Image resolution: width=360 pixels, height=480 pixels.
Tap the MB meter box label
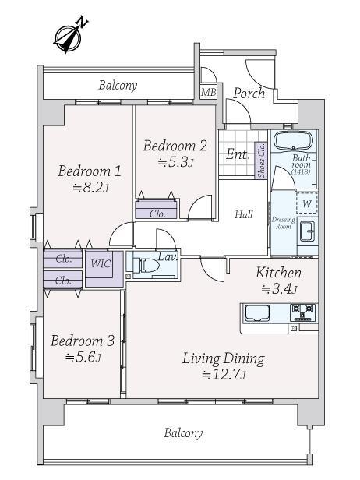(x=209, y=91)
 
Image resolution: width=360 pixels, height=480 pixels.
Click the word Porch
(x=249, y=94)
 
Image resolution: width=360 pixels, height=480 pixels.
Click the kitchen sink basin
(x=256, y=313)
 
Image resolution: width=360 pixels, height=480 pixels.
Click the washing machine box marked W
(x=307, y=203)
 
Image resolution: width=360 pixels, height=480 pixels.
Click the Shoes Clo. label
(x=262, y=161)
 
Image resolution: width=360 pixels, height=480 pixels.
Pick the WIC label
(x=101, y=263)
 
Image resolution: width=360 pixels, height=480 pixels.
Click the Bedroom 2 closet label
(x=157, y=214)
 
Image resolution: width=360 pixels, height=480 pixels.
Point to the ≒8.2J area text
(x=90, y=187)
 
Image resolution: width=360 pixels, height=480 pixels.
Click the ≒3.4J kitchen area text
(x=279, y=288)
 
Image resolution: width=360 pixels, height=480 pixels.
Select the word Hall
(x=244, y=214)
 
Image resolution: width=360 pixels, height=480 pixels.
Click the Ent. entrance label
(x=238, y=154)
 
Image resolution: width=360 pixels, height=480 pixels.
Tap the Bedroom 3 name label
(x=83, y=341)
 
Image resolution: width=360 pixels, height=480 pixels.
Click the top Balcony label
(x=118, y=86)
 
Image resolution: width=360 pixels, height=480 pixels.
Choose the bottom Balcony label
(x=183, y=433)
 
